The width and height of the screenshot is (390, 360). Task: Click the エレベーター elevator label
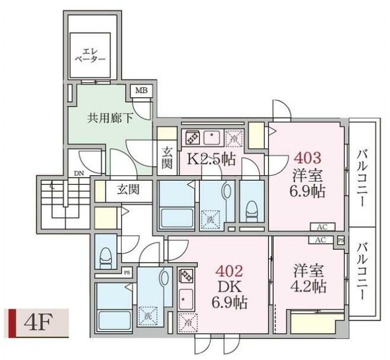coord(90,55)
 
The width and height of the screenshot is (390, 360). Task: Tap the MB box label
coord(141,91)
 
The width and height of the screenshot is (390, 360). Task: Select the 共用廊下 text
coord(110,118)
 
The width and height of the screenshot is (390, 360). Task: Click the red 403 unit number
coord(307,158)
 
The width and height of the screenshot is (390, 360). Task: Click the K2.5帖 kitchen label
coord(211,159)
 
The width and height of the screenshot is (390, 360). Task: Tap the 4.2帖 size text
coord(310,286)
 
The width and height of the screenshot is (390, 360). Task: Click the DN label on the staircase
coord(79,173)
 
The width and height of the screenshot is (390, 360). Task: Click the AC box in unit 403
coord(322,227)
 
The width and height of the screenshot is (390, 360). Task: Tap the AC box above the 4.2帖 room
coord(320,239)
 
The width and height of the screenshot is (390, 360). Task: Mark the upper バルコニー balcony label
coord(362,176)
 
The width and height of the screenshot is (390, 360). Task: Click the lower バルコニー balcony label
coord(362,272)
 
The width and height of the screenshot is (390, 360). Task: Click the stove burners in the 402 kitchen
coord(185,277)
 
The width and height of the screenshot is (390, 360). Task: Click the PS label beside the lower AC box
coord(341,240)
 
